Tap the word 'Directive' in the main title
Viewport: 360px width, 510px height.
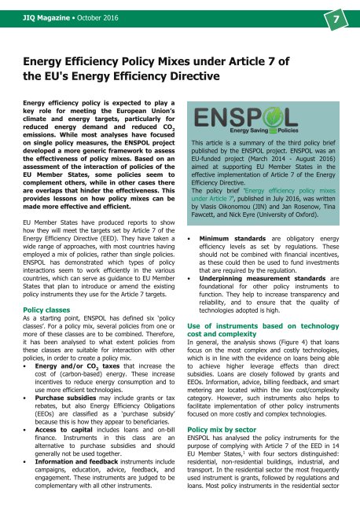[x=192, y=76]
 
